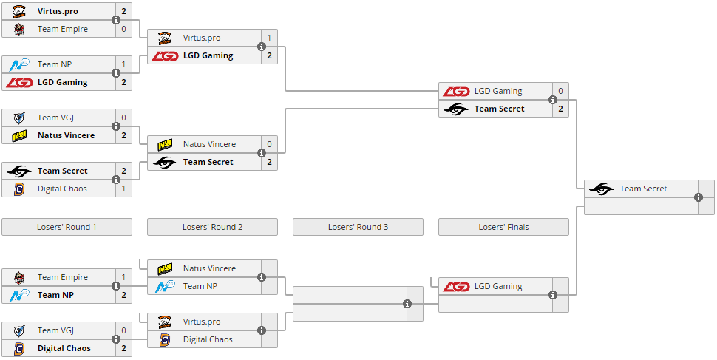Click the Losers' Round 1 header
click(x=67, y=227)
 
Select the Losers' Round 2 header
click(x=212, y=227)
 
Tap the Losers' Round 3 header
click(x=358, y=227)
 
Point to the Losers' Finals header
click(x=503, y=227)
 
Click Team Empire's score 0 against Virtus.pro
click(x=124, y=29)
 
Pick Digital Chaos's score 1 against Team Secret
click(x=124, y=189)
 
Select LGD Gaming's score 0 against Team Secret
click(x=560, y=91)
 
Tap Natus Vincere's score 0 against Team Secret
click(x=269, y=144)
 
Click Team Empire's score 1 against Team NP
click(x=124, y=277)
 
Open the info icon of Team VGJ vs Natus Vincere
click(x=116, y=126)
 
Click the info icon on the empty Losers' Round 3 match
click(x=407, y=304)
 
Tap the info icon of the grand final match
click(x=699, y=197)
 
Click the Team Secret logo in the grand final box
click(x=601, y=189)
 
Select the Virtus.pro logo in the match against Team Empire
click(x=19, y=11)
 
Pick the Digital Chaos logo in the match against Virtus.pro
click(x=165, y=339)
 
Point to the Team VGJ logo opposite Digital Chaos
click(x=19, y=330)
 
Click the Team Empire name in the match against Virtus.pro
click(x=63, y=29)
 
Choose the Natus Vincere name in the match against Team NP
click(x=209, y=268)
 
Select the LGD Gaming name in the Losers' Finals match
click(x=498, y=286)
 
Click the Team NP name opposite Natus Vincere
click(x=200, y=286)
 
